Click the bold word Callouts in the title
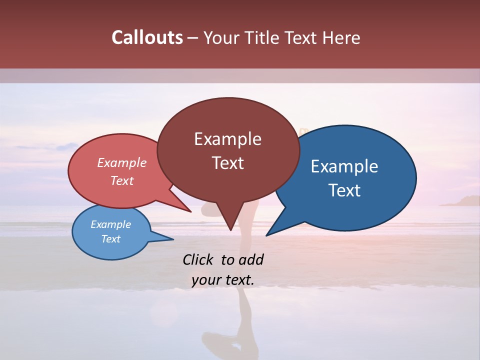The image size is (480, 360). [x=147, y=37]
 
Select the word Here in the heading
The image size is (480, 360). [x=340, y=37]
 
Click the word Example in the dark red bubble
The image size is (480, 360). [x=227, y=139]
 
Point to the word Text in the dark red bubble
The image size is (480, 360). [x=227, y=163]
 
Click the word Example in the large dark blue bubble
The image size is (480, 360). [x=344, y=166]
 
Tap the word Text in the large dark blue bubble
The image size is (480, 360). [x=344, y=190]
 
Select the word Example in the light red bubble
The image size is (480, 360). [x=121, y=162]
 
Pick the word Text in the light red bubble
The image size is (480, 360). [x=121, y=180]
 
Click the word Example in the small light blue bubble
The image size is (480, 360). [x=110, y=224]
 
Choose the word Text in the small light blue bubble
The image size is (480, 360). [x=110, y=239]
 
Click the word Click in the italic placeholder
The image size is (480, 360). [x=198, y=259]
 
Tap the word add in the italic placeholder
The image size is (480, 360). [x=251, y=259]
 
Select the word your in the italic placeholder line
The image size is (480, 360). [x=205, y=280]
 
